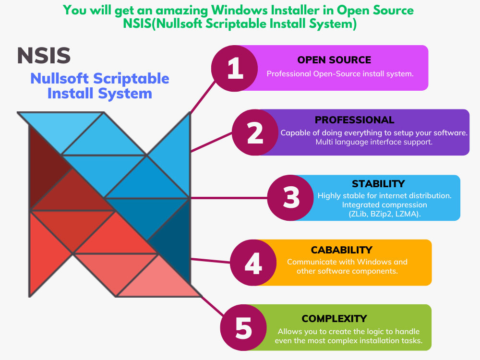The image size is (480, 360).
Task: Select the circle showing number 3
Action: (x=290, y=198)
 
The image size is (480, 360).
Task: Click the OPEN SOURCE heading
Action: (x=334, y=60)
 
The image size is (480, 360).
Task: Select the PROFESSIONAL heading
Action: (x=354, y=120)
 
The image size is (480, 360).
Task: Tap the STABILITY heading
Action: (x=378, y=184)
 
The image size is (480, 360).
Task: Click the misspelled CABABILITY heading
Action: (x=341, y=250)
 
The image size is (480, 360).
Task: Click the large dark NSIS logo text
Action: (x=44, y=56)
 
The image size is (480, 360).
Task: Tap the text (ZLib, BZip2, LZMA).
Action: (x=384, y=214)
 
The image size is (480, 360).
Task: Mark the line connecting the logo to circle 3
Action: (x=228, y=198)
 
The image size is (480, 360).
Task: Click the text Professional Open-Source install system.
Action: (x=340, y=74)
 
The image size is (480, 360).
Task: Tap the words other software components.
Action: (x=347, y=271)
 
